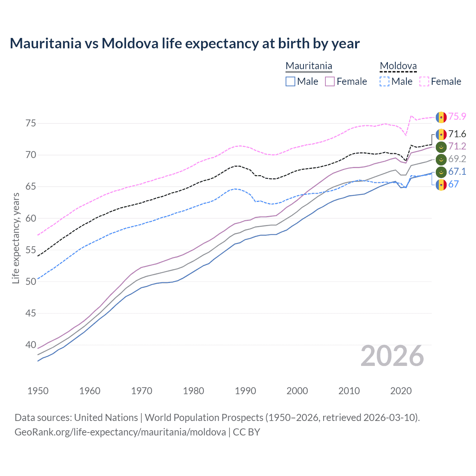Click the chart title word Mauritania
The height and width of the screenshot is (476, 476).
point(45,44)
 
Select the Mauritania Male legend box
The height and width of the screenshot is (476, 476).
point(290,81)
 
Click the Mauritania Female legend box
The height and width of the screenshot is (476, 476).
point(330,81)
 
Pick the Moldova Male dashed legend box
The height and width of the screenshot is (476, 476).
point(385,81)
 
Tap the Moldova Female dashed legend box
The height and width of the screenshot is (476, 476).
point(424,81)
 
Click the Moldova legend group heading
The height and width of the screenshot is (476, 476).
point(398,66)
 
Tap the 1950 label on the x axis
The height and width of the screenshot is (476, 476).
point(38,391)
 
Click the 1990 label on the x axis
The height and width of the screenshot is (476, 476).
point(245,391)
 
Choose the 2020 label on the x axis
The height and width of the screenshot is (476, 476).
point(401,391)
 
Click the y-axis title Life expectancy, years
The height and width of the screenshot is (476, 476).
point(16,238)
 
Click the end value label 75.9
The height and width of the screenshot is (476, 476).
point(457,117)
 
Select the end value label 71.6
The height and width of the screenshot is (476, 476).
point(457,134)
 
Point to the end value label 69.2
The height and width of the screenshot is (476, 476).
point(457,159)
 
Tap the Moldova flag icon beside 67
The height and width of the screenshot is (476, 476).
point(441,184)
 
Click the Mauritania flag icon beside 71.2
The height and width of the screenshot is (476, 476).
point(441,147)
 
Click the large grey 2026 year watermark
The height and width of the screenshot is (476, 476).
point(392,356)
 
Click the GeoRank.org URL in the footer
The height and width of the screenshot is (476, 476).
point(120,432)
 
